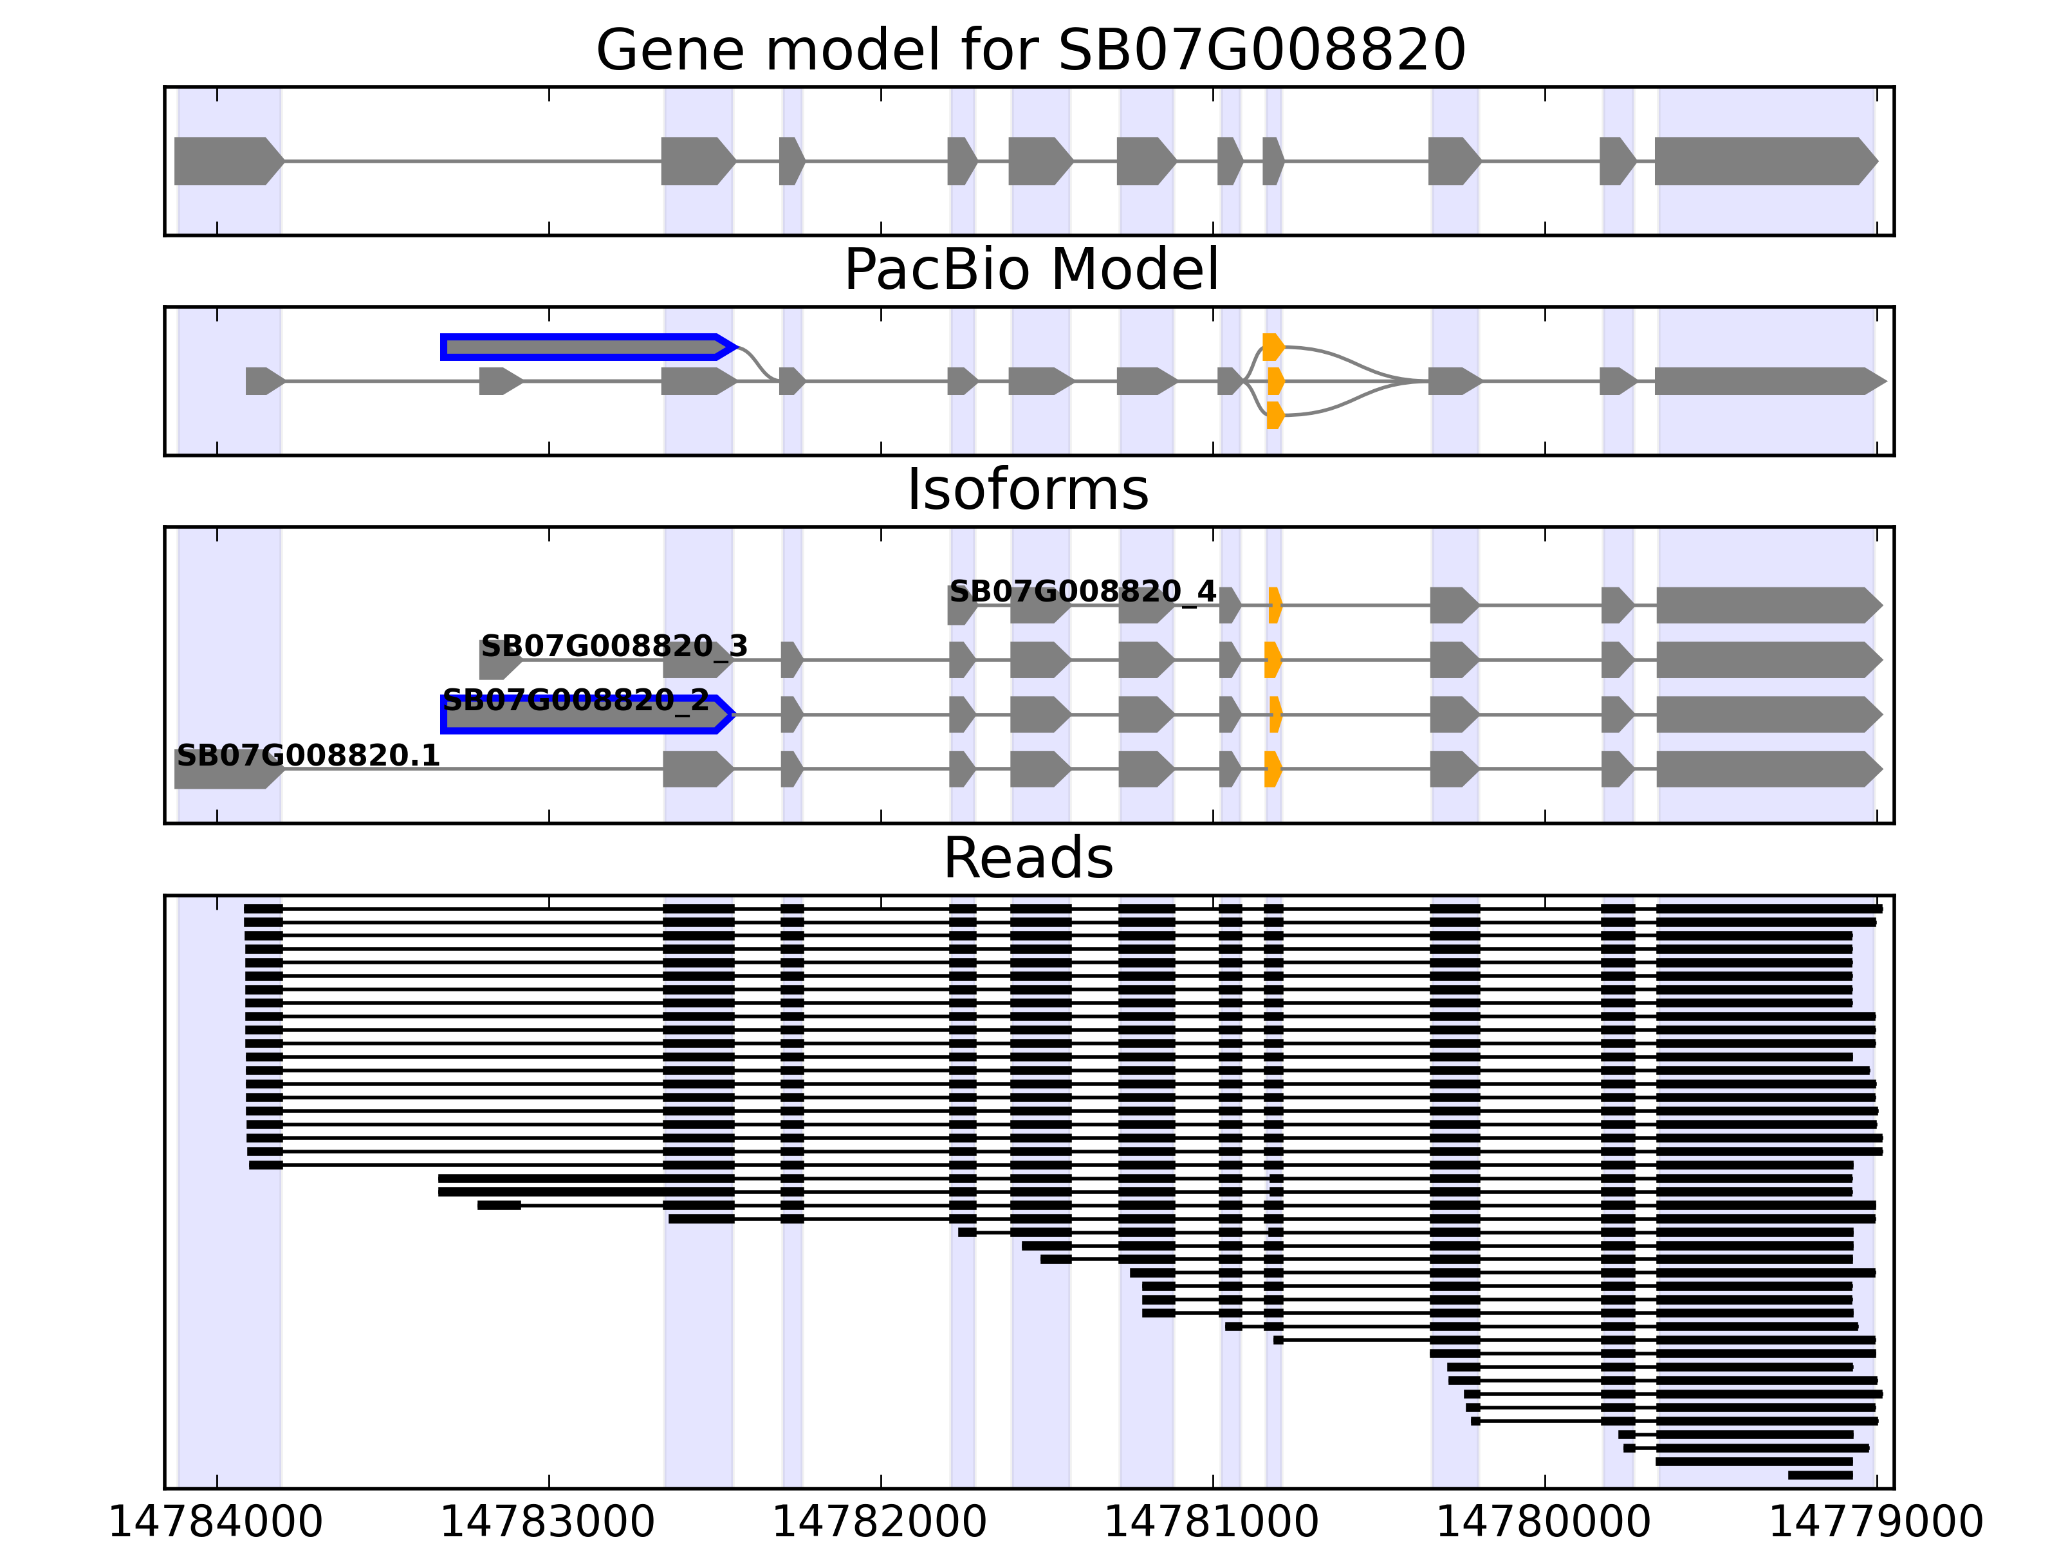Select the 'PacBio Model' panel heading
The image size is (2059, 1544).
(1029, 270)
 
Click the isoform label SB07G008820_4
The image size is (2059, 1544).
(1082, 592)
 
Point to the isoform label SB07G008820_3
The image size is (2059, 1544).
(613, 646)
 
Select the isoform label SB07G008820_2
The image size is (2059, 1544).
(575, 700)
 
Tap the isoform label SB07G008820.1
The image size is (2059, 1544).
(307, 756)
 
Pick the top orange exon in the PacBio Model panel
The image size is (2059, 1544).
(1273, 347)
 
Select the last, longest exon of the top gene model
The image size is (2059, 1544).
(1764, 161)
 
